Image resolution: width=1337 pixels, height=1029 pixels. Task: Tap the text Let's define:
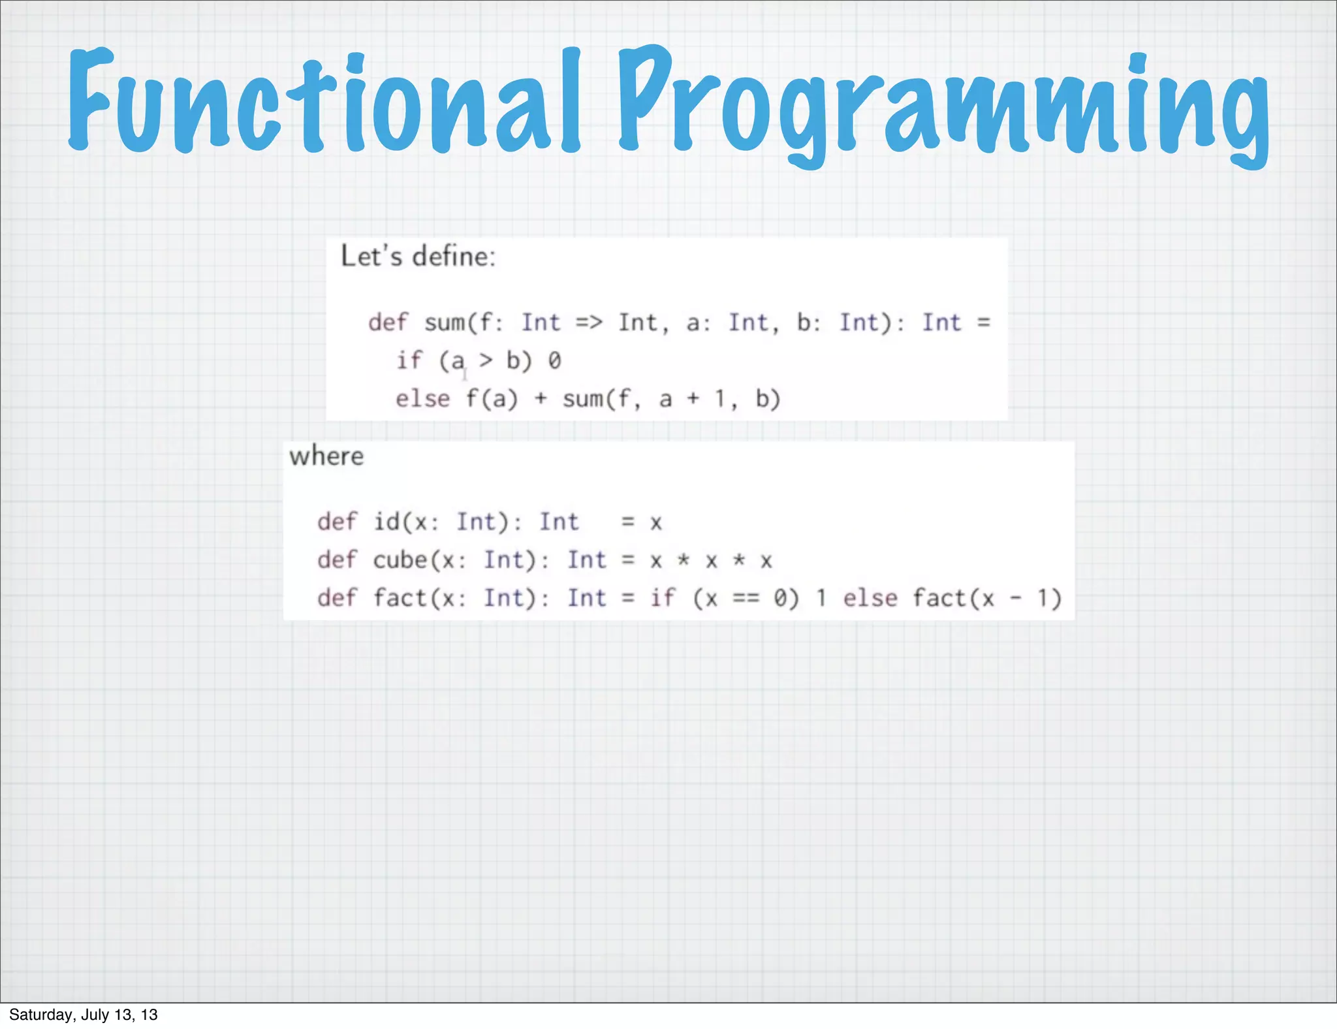418,256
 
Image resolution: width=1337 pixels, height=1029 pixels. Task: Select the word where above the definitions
326,456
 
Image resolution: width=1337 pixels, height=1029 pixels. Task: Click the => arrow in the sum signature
589,323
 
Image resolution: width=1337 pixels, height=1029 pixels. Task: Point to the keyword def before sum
387,323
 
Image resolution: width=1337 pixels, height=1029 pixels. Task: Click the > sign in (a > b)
486,360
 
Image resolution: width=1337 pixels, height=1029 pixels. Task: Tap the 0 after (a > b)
554,360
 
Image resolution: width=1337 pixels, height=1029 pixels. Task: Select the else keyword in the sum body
422,398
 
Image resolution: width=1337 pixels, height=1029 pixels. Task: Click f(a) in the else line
492,398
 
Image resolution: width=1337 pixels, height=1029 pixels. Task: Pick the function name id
386,522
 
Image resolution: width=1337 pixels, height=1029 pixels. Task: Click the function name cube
400,560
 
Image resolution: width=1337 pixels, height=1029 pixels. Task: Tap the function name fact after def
400,598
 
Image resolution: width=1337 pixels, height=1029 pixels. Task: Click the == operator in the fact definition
746,598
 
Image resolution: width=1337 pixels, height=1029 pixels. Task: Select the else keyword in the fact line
870,598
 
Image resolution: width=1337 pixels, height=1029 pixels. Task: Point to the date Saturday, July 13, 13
84,1015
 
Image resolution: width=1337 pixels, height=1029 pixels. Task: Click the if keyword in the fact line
663,598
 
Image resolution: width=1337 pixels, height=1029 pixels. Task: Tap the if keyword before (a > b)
409,360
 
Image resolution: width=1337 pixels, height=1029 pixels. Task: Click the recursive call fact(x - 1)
986,598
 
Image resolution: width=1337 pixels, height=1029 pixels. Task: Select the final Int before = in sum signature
941,323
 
